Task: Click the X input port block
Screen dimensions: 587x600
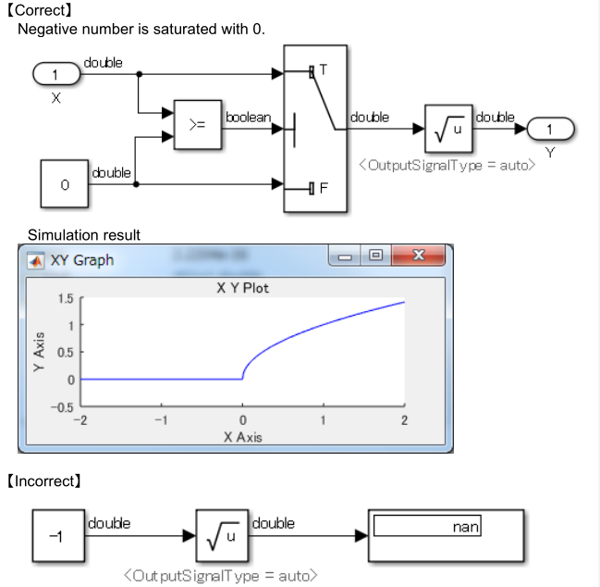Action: click(57, 73)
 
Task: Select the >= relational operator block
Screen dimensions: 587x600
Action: click(197, 124)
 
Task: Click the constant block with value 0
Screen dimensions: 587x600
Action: click(65, 184)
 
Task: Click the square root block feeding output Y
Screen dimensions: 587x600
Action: click(448, 128)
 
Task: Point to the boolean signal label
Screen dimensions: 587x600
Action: click(248, 117)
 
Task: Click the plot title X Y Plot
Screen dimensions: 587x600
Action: click(242, 288)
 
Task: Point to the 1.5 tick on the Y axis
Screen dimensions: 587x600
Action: click(64, 299)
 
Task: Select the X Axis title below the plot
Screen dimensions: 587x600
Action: click(242, 437)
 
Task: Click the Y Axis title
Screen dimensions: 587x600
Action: click(39, 353)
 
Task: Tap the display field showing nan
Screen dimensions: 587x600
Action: click(428, 527)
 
